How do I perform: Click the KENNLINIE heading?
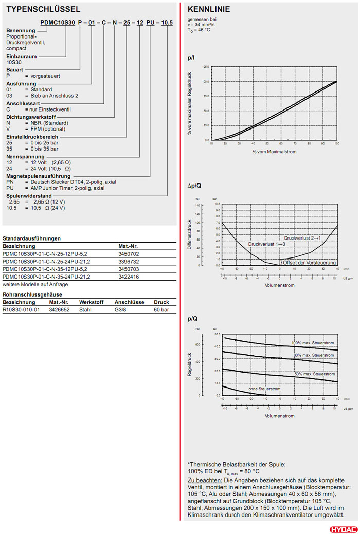(x=209, y=9)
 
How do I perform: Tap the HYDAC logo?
(x=342, y=528)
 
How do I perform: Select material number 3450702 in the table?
(x=129, y=254)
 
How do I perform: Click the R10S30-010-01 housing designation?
(x=21, y=310)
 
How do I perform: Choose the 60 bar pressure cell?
(x=161, y=310)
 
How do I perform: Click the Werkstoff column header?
(x=91, y=303)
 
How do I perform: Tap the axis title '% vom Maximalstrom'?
(x=274, y=152)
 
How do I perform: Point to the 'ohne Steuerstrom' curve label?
(x=264, y=389)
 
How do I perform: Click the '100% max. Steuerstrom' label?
(x=313, y=343)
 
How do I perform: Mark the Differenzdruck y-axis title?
(x=190, y=235)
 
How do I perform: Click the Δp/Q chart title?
(x=194, y=185)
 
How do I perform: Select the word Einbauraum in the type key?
(x=21, y=56)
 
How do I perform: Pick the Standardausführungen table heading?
(x=31, y=238)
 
